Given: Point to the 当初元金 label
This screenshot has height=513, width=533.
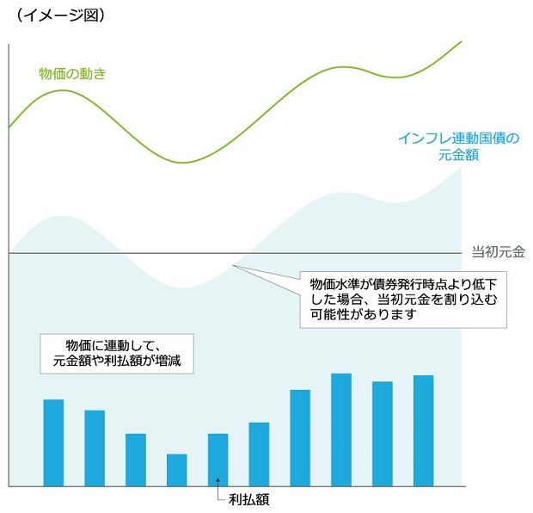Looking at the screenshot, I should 499,252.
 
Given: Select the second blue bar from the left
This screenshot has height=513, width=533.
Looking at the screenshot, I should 95,448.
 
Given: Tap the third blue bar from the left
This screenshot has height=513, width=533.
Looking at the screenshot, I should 136,460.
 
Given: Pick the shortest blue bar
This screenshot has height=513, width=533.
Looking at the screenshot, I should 176,470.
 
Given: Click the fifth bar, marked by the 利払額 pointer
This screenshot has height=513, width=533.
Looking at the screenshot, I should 217,460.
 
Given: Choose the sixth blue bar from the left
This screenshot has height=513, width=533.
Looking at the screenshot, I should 259,454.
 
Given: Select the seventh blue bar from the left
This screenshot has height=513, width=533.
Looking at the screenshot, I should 300,438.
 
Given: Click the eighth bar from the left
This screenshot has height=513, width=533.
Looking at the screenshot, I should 341,430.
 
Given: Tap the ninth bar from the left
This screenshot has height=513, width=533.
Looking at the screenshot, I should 383,434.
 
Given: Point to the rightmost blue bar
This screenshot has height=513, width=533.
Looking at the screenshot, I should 423,431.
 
